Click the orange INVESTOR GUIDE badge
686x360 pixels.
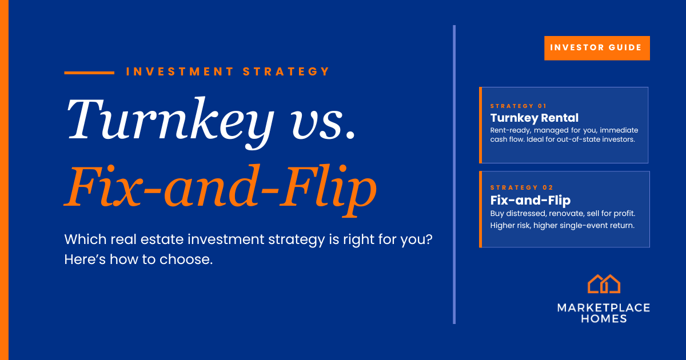coord(597,48)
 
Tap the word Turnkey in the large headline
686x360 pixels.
coord(170,122)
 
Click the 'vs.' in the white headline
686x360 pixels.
coord(323,124)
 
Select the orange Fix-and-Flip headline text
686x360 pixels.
coord(220,190)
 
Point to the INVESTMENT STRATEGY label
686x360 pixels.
coord(228,71)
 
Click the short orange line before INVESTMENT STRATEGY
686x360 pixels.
coord(89,73)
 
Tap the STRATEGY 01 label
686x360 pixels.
coord(518,106)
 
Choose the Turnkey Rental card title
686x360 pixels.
coord(535,118)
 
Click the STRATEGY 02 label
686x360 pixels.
coord(521,187)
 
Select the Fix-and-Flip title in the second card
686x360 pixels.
coord(531,200)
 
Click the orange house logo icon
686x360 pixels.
coord(604,284)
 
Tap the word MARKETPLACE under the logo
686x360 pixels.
coord(604,307)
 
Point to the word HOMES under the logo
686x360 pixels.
coord(604,319)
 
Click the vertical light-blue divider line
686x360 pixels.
coord(454,174)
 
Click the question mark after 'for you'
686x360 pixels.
coord(429,239)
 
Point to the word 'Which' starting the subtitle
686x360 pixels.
coord(85,239)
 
